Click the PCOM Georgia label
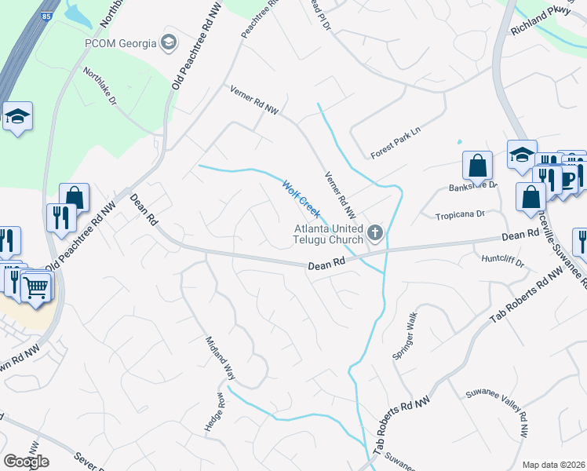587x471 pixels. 120,42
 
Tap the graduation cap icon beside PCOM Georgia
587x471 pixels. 168,42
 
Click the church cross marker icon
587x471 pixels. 375,232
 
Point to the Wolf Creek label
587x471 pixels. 301,198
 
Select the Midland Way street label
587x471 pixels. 221,358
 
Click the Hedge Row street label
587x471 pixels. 215,411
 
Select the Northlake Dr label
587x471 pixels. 100,87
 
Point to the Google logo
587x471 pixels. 26,462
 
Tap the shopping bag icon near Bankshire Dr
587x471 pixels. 477,166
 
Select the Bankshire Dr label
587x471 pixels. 473,186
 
